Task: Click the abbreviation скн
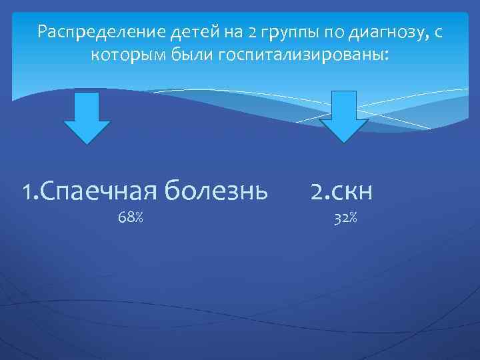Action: [x=353, y=192]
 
